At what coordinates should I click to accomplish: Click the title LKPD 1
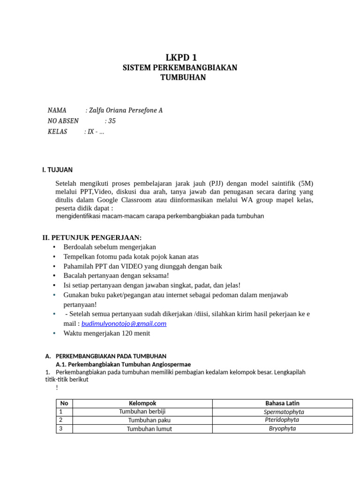(180, 57)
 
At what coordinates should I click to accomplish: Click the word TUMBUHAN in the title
(183, 78)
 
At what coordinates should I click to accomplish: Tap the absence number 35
(112, 121)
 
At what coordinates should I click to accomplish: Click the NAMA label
(57, 111)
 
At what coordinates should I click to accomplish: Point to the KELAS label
(58, 132)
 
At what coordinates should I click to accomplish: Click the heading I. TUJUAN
(57, 170)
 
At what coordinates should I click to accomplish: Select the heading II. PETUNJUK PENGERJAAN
(92, 238)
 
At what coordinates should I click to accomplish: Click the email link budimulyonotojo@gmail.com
(124, 324)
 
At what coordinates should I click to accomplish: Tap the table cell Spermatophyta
(284, 412)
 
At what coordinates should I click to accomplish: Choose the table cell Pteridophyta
(282, 420)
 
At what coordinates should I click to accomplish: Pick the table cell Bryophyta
(282, 428)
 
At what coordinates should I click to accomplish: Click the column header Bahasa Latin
(282, 403)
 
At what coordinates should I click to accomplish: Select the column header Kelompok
(142, 403)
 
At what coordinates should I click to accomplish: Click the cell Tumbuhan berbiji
(142, 412)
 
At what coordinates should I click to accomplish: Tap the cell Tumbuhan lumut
(149, 429)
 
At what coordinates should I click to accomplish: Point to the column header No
(64, 403)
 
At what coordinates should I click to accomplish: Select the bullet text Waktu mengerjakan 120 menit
(107, 334)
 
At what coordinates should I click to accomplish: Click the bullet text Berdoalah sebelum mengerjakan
(110, 247)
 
